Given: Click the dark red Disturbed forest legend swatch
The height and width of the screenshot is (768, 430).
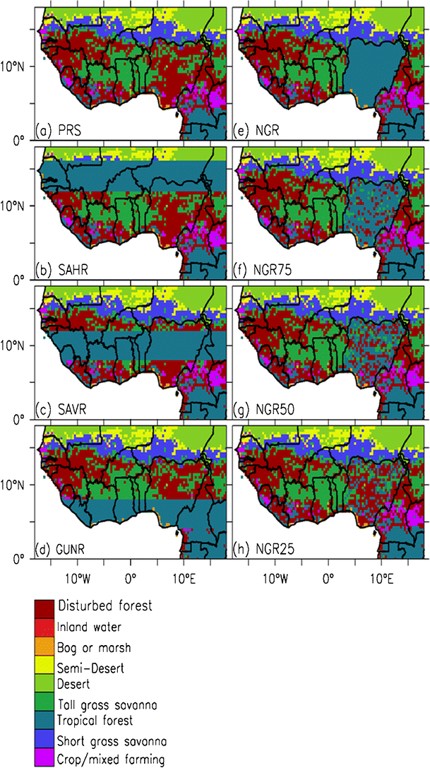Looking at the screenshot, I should point(44,605).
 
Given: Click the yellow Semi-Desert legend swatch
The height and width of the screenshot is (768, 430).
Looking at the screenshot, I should point(44,665).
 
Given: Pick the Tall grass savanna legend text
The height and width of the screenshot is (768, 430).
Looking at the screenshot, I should point(106,704).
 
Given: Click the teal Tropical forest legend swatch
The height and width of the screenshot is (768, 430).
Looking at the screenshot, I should point(44,721).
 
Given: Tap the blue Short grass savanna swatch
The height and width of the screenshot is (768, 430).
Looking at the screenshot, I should point(44,740).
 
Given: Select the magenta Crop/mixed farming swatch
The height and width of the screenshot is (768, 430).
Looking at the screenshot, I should point(44,759).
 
